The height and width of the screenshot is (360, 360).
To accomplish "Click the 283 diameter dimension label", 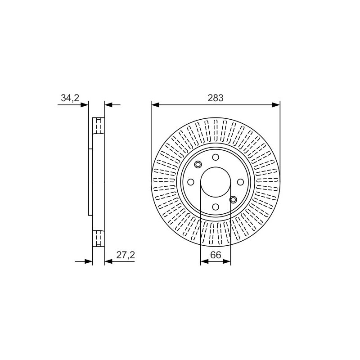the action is click(216, 98).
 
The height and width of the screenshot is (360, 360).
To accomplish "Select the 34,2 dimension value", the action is click(70, 98).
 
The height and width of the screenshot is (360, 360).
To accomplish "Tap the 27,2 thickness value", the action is click(126, 255).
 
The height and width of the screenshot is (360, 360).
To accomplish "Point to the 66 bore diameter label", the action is click(216, 255).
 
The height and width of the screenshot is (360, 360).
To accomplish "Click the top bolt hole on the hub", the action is click(216, 157).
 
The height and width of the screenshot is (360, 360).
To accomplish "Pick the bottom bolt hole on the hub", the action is click(216, 207).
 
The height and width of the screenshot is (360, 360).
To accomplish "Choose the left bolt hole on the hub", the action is click(191, 182).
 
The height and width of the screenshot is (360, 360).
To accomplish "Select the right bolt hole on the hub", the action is click(240, 182).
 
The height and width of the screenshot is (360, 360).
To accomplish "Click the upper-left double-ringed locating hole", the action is click(198, 165).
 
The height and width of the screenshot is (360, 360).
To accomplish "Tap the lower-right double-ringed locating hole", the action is click(233, 199).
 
